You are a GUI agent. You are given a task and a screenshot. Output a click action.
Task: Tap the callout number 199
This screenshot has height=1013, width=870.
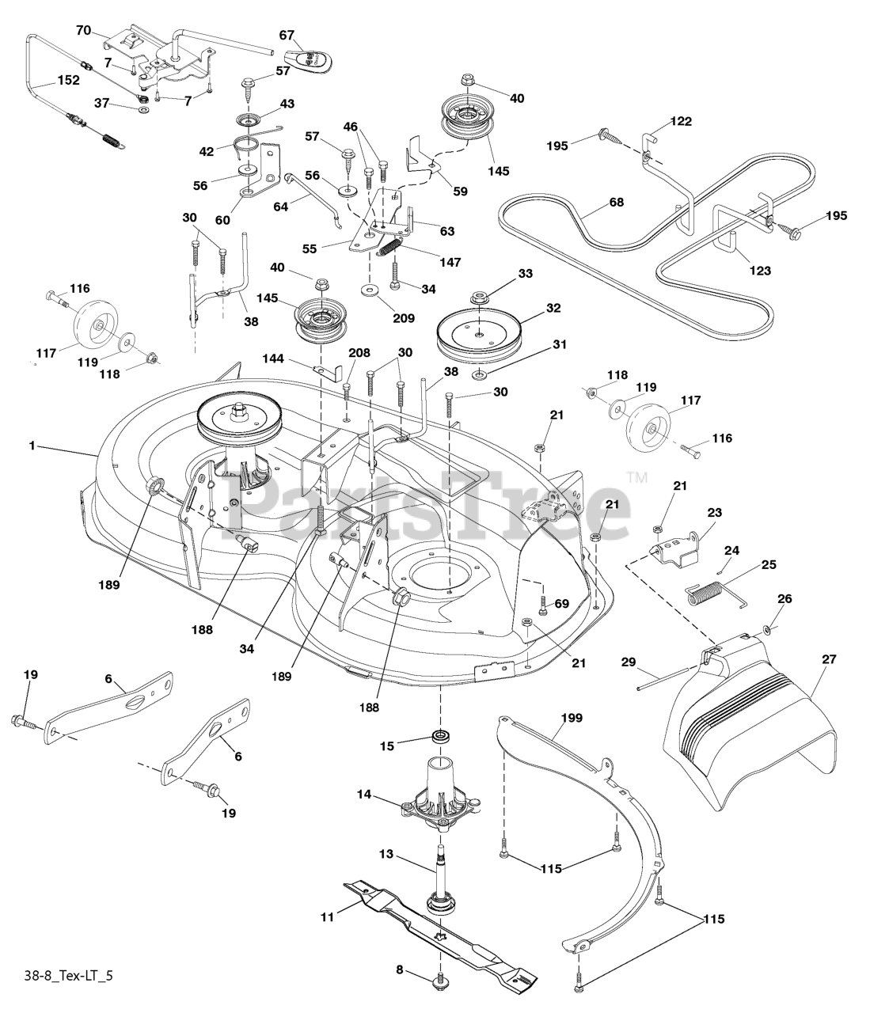point(572,718)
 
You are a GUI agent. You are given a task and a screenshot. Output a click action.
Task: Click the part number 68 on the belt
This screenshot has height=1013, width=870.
point(616,203)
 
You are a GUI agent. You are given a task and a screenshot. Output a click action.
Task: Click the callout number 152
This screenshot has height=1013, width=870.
point(68,80)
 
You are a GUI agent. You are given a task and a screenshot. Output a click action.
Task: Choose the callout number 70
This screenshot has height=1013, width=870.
point(83,30)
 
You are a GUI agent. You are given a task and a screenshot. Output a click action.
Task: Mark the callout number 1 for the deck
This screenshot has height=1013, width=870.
point(32,446)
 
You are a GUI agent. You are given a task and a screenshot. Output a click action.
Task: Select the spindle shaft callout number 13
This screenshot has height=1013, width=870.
point(386,855)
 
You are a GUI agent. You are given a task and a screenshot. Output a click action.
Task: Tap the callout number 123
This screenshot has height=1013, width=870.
point(758,271)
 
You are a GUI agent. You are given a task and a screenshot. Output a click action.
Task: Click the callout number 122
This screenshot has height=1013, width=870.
point(680,121)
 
